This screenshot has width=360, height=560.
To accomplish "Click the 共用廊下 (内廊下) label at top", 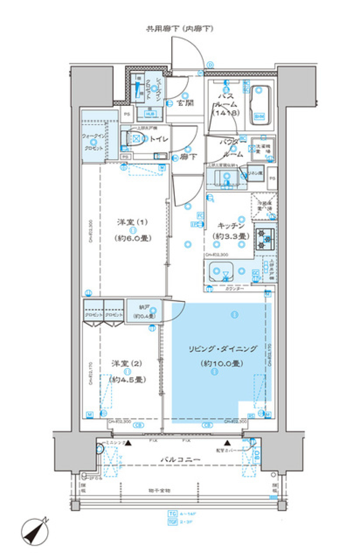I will click(x=180, y=29).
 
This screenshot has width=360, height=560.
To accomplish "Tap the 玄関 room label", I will click(x=186, y=103).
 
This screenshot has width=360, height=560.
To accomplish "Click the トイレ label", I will click(x=159, y=139).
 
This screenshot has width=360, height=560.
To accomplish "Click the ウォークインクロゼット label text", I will click(x=94, y=142).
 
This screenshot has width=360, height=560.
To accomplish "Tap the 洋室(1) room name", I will click(x=132, y=222).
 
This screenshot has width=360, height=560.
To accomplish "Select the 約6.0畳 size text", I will click(x=133, y=238).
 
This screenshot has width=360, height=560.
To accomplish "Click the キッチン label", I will click(x=231, y=226).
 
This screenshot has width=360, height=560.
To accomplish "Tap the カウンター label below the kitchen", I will click(x=235, y=289).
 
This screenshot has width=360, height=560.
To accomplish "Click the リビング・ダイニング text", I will click(x=222, y=349).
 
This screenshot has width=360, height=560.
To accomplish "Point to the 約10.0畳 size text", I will click(x=222, y=363).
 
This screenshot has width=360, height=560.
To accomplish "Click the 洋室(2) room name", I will click(x=127, y=363).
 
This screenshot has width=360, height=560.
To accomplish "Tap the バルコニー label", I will click(x=180, y=459).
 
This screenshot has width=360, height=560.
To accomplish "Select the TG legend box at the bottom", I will click(x=172, y=513).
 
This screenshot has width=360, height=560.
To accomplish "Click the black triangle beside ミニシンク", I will click(x=128, y=443).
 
